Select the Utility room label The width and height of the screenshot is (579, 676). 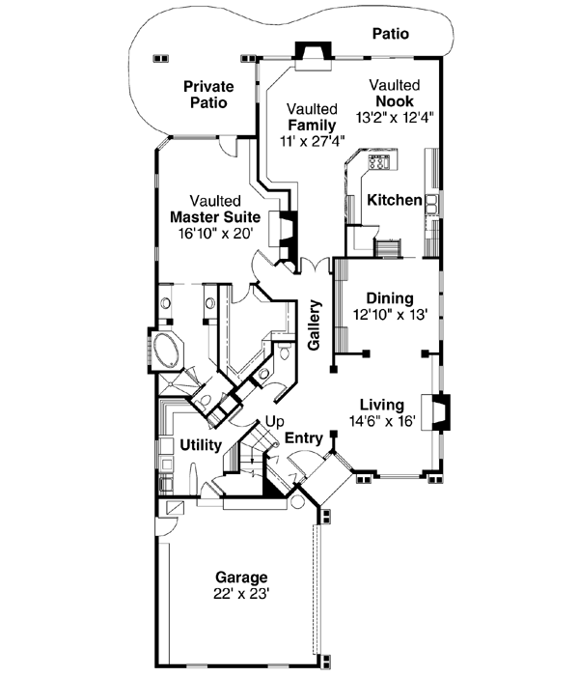201,444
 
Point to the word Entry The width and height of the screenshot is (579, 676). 303,438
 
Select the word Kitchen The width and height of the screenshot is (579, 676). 394,201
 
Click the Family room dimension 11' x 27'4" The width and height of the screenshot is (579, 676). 311,141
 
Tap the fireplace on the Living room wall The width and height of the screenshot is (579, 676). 439,408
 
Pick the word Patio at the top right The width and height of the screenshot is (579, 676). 390,34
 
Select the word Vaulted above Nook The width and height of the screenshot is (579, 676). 395,85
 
